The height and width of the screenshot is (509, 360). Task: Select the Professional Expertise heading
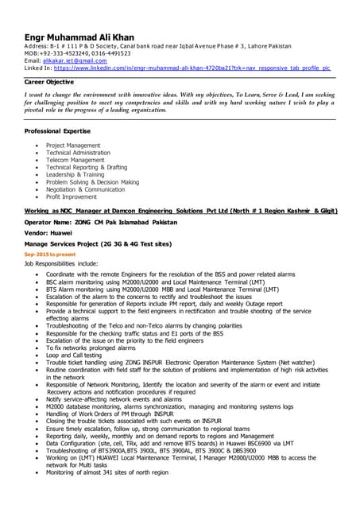click(62, 130)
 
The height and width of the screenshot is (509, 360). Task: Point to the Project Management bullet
click(73, 146)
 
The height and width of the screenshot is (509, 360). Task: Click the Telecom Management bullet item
click(75, 160)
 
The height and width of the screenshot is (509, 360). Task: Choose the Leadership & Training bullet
click(75, 174)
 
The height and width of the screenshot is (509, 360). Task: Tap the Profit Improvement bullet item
click(72, 196)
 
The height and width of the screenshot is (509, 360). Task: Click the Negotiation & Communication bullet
click(85, 189)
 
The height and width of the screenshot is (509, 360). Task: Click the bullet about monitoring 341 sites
click(106, 472)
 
